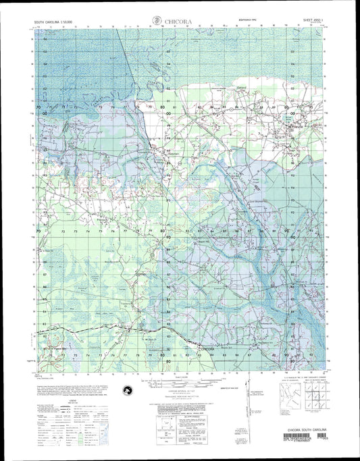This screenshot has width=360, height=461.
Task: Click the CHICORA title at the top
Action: (x=177, y=22)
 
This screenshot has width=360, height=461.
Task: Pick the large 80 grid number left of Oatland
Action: (x=162, y=107)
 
